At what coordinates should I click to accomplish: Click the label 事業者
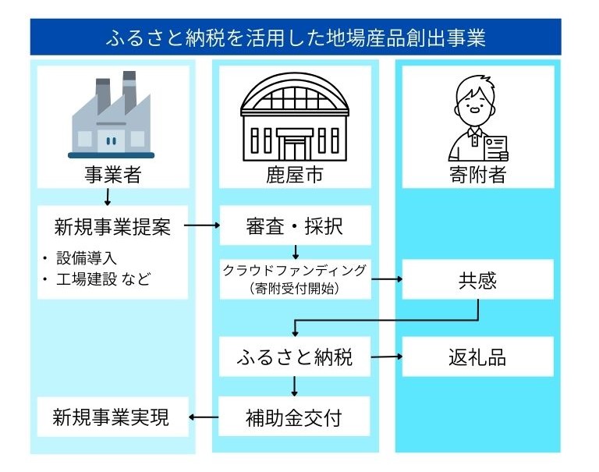tap(112, 175)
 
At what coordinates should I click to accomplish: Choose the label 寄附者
tap(477, 175)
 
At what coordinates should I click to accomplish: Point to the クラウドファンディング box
tap(294, 279)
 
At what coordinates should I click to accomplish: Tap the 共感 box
tap(477, 279)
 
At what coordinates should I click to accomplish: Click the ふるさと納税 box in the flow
tap(294, 357)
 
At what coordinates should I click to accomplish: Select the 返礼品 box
tap(477, 357)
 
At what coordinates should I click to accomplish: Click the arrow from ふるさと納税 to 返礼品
tap(386, 357)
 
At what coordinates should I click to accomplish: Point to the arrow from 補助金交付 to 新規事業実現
tap(204, 417)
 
